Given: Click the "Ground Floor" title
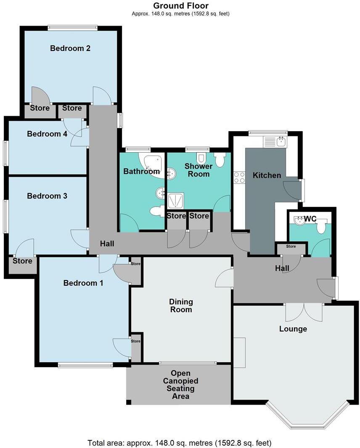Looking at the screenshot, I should click(x=180, y=5).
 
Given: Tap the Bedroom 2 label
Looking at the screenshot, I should click(x=70, y=48).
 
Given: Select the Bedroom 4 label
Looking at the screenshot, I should click(x=44, y=134).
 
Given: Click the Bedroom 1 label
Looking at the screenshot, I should click(x=83, y=283).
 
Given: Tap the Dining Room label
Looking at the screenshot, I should click(x=181, y=306).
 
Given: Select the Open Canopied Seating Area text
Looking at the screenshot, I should click(x=180, y=385).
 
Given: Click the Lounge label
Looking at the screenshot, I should click(x=293, y=329).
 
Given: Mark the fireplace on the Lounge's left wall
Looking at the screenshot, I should click(x=239, y=353).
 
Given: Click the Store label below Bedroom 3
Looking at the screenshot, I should click(x=22, y=261).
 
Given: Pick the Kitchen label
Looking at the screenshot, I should click(x=267, y=175).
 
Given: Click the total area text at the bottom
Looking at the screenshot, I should click(x=180, y=443).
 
